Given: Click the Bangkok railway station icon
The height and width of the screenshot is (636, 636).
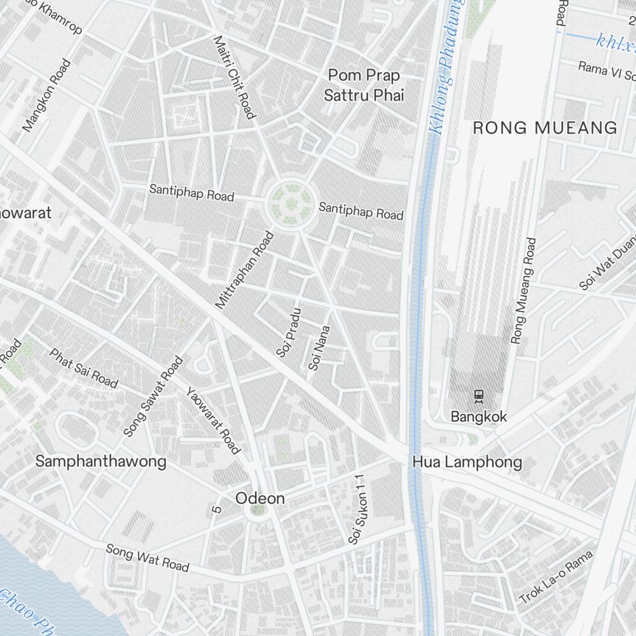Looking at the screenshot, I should pos(479,396).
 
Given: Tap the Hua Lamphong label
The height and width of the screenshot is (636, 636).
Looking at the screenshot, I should pos(467,462).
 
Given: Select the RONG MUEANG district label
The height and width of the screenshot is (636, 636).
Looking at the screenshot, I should pos(545,128).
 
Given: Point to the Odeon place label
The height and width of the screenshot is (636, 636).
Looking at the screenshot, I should pos(260,499).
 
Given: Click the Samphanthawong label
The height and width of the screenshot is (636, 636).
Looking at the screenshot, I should pos(100,461).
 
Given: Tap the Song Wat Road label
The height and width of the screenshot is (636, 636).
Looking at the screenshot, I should pos(148,557).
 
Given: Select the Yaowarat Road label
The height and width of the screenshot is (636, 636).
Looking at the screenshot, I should pos(214,420).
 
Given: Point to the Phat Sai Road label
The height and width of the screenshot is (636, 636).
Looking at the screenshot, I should pos(83,368).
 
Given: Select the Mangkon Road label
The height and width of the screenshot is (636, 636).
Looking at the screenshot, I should pos(46,95).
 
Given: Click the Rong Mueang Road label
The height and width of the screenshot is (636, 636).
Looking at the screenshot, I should pos(523,291).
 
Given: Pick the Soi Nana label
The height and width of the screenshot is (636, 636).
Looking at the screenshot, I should pos(319,348).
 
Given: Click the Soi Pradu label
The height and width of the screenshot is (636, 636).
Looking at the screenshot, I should pos(288,332).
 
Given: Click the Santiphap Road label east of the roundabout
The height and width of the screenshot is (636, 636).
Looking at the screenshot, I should pos(361,211).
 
